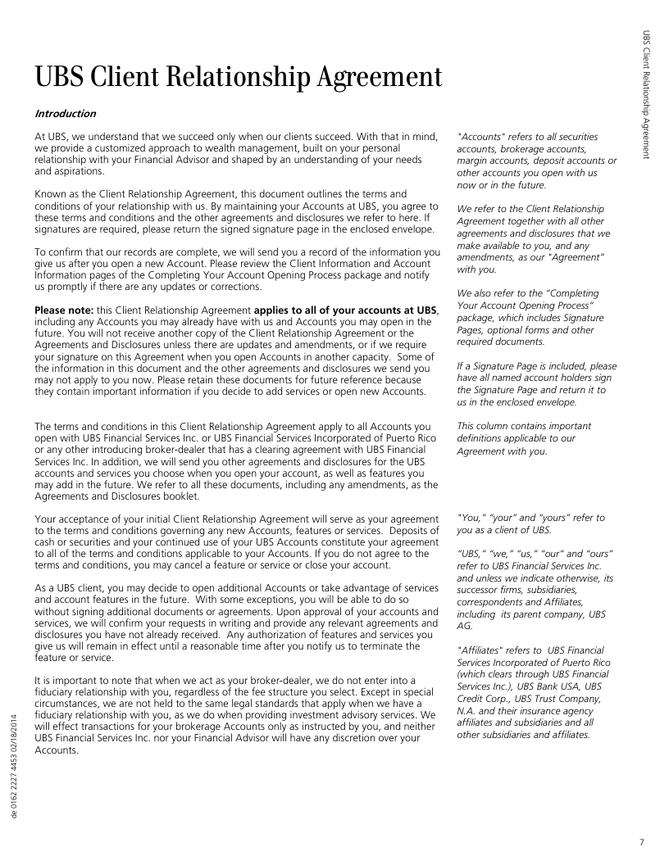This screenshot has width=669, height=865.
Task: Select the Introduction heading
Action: coord(65,114)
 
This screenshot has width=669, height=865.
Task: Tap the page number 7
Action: coord(641,842)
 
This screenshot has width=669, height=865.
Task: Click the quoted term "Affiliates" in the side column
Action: coord(481,650)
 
